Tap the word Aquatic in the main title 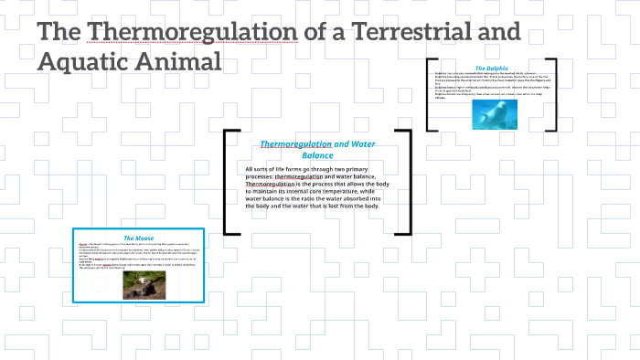[x=90, y=63]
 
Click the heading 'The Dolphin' [x=492, y=68]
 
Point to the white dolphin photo [x=496, y=113]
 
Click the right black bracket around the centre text [x=410, y=182]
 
